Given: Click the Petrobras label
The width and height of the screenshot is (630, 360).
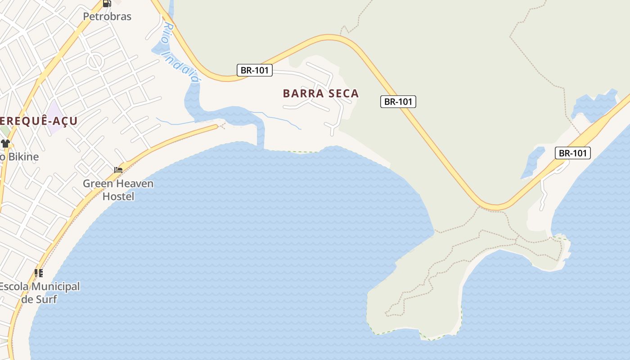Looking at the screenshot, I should [x=107, y=17].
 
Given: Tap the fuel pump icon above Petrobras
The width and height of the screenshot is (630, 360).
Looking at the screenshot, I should [x=107, y=3].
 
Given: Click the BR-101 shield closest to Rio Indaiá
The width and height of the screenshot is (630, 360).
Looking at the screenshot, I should [x=255, y=70].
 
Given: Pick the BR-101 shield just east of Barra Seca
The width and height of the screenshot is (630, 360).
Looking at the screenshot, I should [x=398, y=102].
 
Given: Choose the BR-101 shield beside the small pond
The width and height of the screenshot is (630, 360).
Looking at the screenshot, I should [x=572, y=153].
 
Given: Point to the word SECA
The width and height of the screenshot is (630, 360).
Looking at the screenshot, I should [x=343, y=94].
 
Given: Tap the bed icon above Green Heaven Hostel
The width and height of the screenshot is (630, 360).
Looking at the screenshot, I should [x=118, y=170].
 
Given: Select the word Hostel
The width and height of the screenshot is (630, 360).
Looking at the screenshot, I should [x=118, y=197].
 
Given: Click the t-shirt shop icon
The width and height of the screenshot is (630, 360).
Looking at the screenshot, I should [x=5, y=144].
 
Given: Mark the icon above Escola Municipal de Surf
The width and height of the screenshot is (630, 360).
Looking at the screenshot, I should [x=39, y=273].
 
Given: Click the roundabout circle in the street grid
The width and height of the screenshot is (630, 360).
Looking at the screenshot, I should [x=95, y=61].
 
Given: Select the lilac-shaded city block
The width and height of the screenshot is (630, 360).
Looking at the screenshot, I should [x=56, y=117].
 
